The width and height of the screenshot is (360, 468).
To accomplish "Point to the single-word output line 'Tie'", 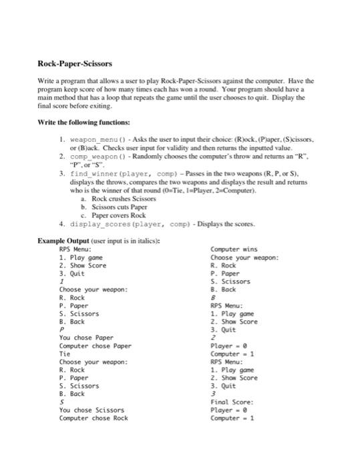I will tap(65, 354).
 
